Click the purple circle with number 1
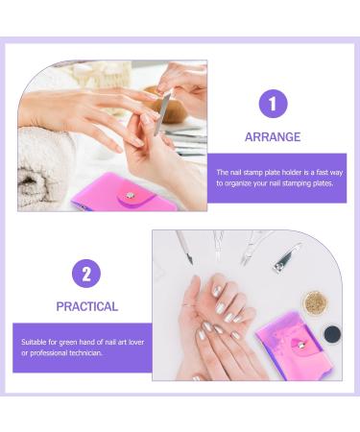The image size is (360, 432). click(x=274, y=103)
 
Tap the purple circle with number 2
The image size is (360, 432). click(x=86, y=274)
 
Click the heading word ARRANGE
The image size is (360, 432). click(x=274, y=137)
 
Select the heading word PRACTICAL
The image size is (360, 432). click(x=86, y=307)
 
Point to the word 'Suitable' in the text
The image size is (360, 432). click(x=36, y=341)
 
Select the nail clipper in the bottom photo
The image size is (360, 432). click(x=285, y=256)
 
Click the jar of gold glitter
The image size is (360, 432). click(x=314, y=302)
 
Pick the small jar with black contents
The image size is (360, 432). click(x=331, y=334)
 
